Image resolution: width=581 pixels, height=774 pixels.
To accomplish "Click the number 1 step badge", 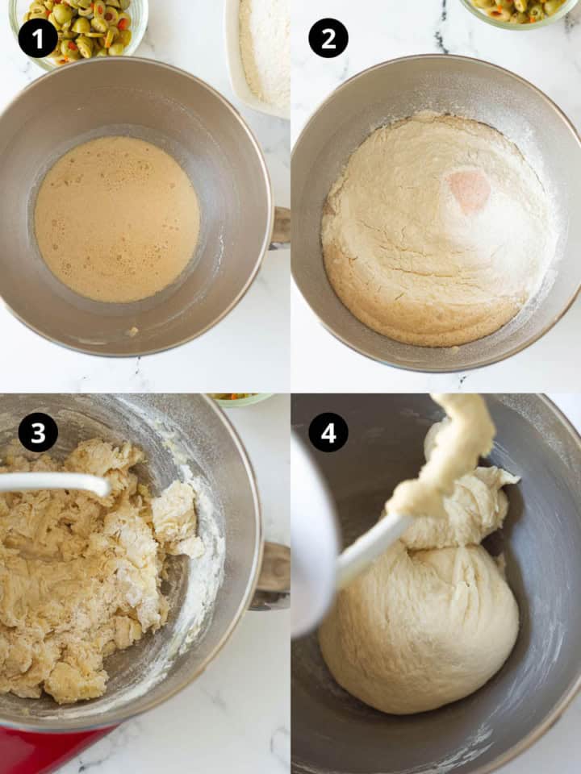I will coord(38,38).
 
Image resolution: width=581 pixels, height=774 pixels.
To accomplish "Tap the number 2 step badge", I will coord(328,38).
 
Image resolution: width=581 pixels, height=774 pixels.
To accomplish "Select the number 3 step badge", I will coord(38,433).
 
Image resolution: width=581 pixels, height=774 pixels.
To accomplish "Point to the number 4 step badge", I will coord(328,433).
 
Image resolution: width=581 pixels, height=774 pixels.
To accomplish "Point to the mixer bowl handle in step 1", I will coord(280,226).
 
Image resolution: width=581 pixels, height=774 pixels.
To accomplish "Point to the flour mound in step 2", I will coord(436,234).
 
